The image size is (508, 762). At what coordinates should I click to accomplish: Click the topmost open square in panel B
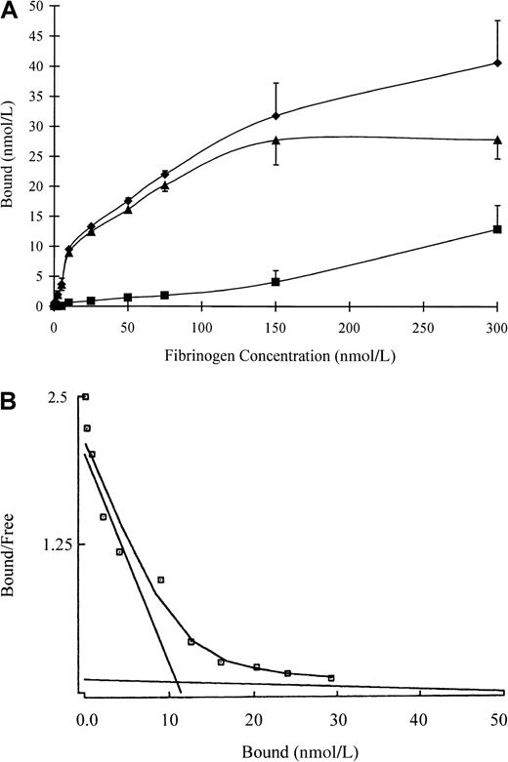(x=85, y=397)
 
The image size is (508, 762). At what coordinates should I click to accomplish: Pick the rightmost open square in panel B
(x=331, y=677)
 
